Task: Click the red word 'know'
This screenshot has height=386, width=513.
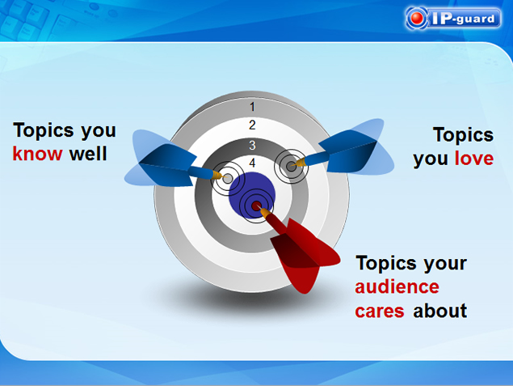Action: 37,154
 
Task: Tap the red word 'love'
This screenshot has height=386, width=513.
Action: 474,159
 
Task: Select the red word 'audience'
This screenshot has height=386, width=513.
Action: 397,287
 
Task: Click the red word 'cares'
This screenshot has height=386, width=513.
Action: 380,312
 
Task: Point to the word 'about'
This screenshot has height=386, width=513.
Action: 440,311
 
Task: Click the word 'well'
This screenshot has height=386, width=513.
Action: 88,154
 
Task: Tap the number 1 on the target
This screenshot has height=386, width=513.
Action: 252,107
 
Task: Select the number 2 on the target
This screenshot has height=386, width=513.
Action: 252,125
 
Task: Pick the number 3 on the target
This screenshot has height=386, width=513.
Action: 252,145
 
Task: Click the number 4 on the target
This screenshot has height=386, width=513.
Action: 252,163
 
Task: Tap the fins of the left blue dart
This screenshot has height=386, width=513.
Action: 160,159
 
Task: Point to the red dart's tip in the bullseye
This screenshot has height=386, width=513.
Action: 258,206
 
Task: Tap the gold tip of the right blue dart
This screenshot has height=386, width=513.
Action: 300,163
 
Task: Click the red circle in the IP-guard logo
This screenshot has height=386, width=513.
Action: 417,19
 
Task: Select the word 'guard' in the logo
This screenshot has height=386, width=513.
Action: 475,19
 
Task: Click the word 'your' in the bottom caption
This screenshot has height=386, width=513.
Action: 445,264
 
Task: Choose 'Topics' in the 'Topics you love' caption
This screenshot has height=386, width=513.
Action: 463,135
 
